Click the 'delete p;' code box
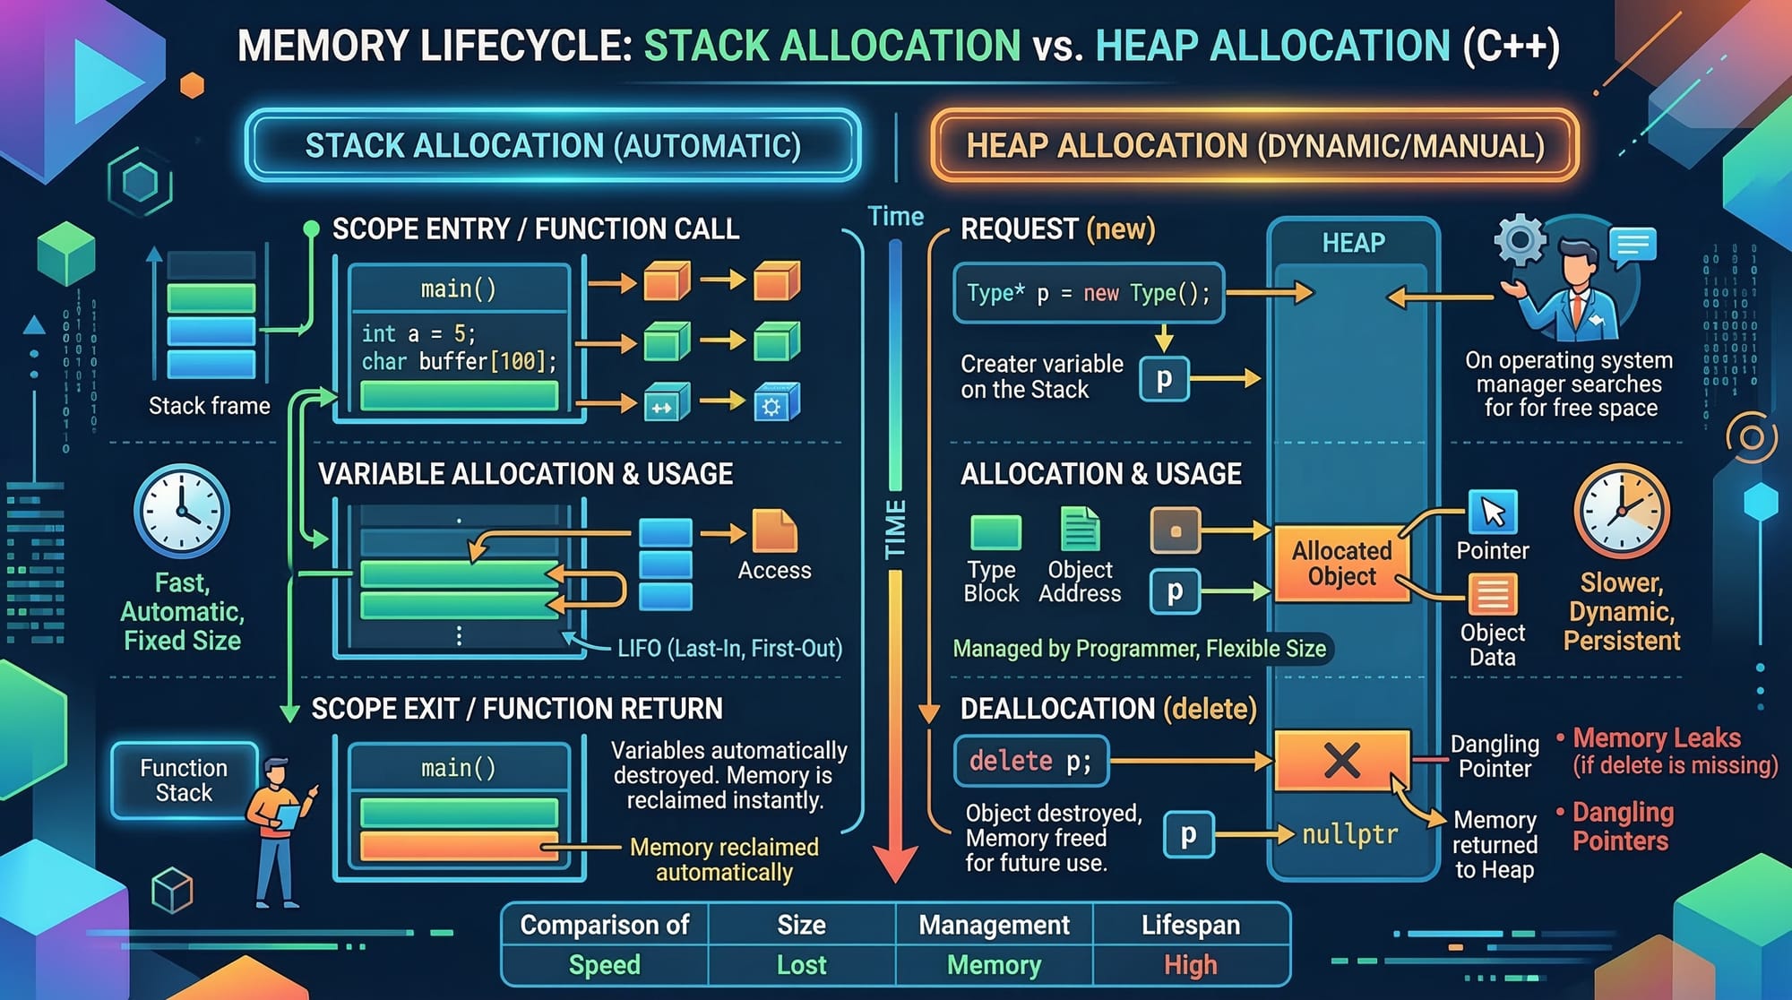click(x=1031, y=762)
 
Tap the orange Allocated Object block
click(x=1340, y=564)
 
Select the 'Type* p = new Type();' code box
click(x=1088, y=293)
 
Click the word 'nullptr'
click(x=1349, y=835)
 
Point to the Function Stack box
click(x=184, y=780)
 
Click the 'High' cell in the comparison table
click(x=1190, y=965)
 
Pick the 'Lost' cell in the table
click(x=801, y=965)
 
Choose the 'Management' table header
click(x=994, y=925)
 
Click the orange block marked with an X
click(x=1341, y=761)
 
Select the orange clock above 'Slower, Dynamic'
click(x=1621, y=512)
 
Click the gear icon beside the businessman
click(x=1520, y=240)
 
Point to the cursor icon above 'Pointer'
click(x=1493, y=512)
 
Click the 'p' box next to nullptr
click(x=1188, y=835)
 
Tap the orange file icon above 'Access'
click(x=774, y=531)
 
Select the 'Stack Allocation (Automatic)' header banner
click(x=553, y=145)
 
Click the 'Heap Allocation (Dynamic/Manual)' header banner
click(x=1254, y=145)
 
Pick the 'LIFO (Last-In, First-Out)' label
click(x=729, y=648)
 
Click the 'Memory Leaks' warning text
click(x=1657, y=738)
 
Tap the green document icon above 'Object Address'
click(x=1080, y=529)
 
